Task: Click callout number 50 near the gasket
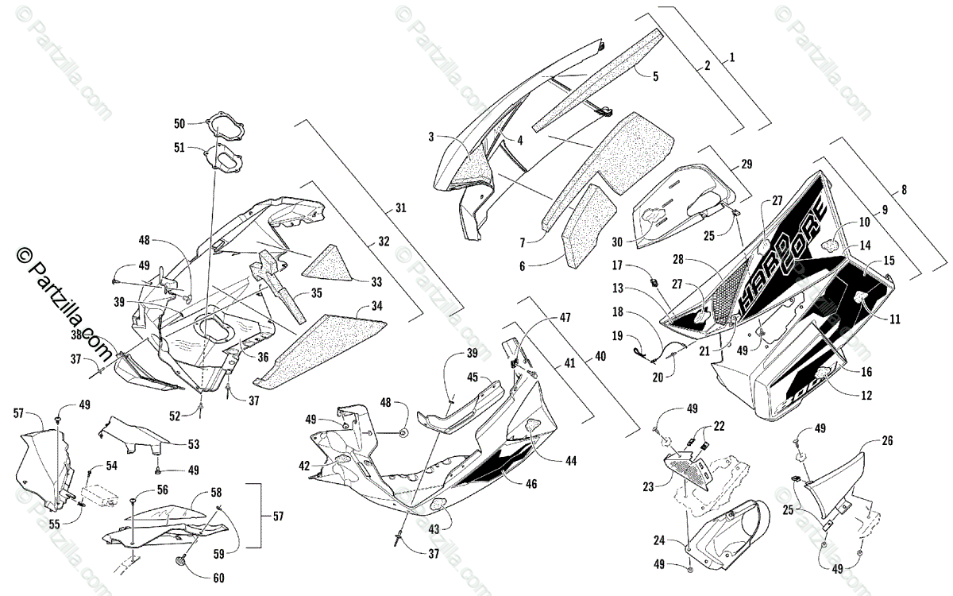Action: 179,123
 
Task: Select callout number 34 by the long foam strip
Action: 375,304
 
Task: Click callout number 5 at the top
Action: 655,76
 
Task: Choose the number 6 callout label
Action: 522,266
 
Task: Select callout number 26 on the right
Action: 887,439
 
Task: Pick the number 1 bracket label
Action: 732,57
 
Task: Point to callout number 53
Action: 194,443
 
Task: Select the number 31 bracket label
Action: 399,208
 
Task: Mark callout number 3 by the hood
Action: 431,137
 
